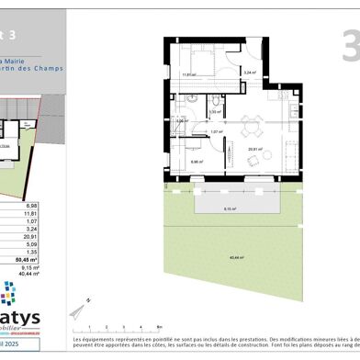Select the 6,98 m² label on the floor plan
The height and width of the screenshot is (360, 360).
(x=197, y=162)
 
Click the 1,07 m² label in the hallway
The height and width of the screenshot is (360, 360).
(x=217, y=132)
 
